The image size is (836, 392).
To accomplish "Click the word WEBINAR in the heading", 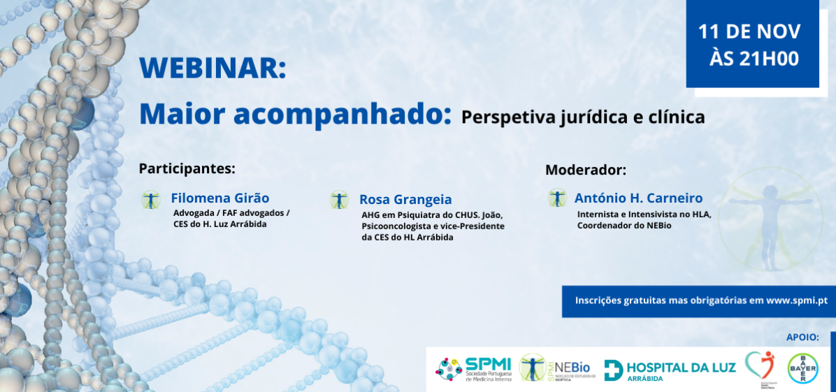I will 212,68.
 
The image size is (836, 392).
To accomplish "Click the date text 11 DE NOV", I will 749,31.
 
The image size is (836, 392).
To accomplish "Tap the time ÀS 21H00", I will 754,59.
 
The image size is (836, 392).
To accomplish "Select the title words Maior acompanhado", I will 295,113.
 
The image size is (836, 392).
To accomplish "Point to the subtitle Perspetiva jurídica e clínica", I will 583,117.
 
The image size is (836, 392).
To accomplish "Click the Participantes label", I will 187,168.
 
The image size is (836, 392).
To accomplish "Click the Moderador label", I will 586,170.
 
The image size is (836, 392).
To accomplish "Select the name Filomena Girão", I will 219,198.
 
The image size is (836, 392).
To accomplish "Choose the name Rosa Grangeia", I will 405,199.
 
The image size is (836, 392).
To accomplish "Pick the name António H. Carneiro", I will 638,198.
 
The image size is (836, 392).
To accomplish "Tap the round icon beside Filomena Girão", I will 150,200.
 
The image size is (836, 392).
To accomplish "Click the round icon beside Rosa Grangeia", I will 339,201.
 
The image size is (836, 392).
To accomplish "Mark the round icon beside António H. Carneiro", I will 557,198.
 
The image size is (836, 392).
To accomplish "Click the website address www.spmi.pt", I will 796,300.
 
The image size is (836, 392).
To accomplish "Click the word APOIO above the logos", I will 802,337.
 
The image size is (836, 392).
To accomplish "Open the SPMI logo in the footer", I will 475,369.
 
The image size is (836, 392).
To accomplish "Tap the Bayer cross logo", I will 802,369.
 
